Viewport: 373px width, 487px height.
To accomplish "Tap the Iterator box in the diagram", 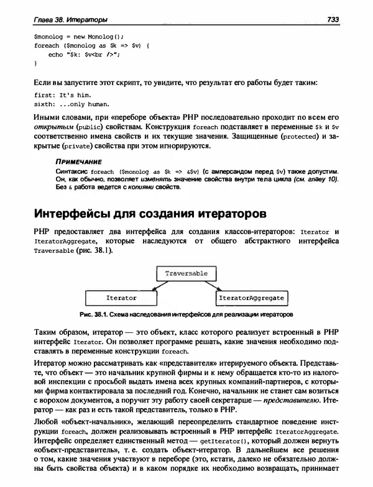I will click(121, 298).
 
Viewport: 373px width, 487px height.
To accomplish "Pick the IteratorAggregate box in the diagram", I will click(251, 298).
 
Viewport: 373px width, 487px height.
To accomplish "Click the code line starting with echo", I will click(83, 54).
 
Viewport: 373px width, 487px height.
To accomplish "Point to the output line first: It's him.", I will click(67, 94).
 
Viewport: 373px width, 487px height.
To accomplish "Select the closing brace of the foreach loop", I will click(35, 63).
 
